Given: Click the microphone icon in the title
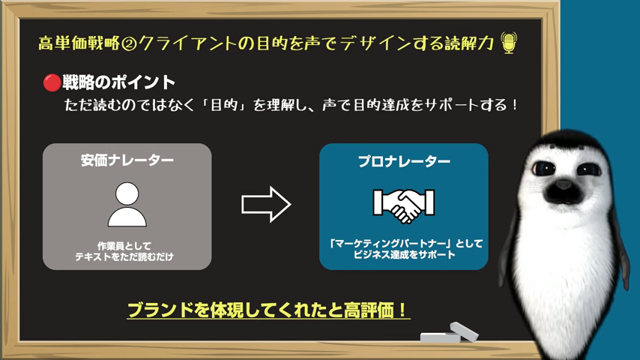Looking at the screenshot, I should (x=510, y=43).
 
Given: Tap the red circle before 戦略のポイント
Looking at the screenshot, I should (x=51, y=82).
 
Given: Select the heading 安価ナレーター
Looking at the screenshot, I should (x=127, y=160).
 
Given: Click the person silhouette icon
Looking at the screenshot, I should (x=127, y=205).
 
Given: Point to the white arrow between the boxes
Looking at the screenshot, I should (x=266, y=204).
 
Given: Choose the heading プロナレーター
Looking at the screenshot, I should (x=403, y=161).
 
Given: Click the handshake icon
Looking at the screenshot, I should (x=403, y=203).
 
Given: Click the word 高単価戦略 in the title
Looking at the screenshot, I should (x=79, y=43).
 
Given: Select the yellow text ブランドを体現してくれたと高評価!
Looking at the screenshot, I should (x=268, y=310).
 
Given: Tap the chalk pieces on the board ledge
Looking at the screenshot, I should (x=450, y=333).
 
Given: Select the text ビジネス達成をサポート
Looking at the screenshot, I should (x=404, y=256).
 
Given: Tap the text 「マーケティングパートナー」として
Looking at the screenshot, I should (x=404, y=244).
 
